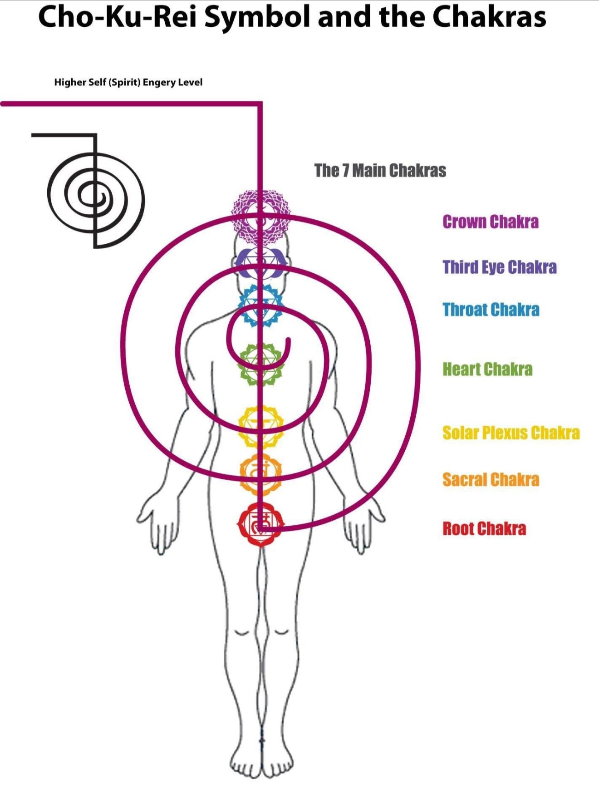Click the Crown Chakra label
491,222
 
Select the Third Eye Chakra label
499,267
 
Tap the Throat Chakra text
491,310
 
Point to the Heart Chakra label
487,369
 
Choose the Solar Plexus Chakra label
511,433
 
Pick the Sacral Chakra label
491,479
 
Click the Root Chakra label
484,528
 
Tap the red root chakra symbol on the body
260,524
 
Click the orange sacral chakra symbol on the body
260,473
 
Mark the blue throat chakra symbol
260,305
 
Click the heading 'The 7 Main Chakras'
380,171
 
